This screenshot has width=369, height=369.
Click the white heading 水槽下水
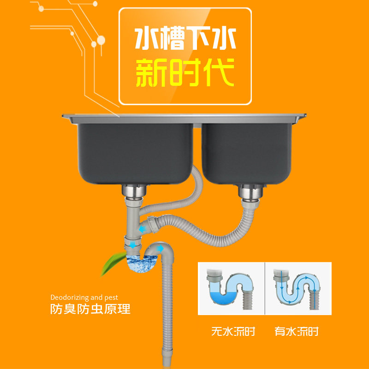[x=185, y=39]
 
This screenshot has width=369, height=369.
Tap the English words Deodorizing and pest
[x=84, y=297]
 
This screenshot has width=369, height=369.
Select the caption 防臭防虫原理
[x=90, y=309]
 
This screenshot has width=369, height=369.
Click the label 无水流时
[x=233, y=331]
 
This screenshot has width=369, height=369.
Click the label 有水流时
[x=297, y=331]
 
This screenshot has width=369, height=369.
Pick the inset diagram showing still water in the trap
[x=231, y=289]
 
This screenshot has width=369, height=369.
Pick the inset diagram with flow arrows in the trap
[x=298, y=289]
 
